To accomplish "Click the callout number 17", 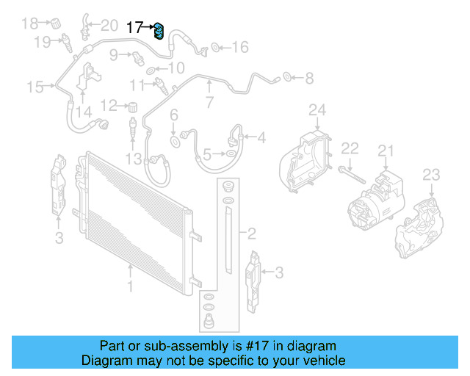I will point(135,29).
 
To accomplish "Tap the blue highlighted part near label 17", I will point(158,30).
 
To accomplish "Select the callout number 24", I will point(317,111).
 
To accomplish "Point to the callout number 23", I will point(431,174).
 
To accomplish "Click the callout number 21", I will point(386,151).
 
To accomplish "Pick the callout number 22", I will point(350,148).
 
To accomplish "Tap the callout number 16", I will point(239,48).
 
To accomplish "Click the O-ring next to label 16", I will point(217,48).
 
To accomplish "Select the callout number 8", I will point(309,76).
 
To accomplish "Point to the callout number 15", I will point(35,87).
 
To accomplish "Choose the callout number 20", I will point(109,26).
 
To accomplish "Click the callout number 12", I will point(109,104).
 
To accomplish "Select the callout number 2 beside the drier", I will point(251,234).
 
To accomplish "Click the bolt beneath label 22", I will point(352,175).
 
